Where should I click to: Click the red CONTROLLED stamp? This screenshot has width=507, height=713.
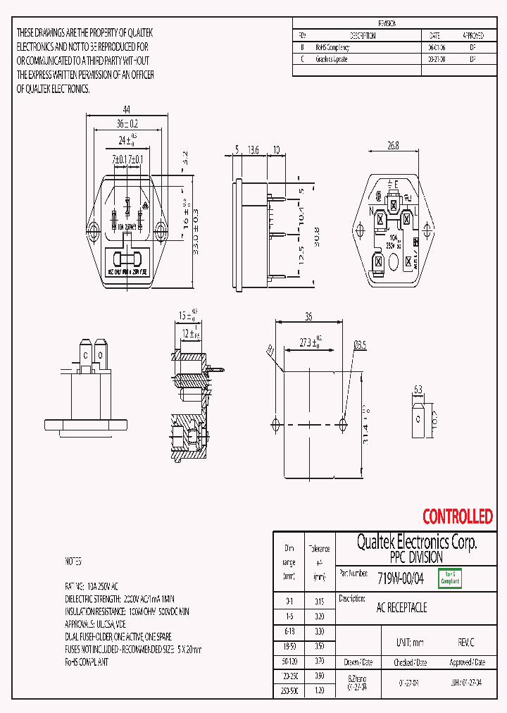point(457,517)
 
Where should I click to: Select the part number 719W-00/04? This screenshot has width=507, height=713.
point(401,578)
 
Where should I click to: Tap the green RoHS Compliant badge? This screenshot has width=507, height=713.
point(449,578)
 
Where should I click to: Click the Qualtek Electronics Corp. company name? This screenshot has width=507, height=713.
point(416,542)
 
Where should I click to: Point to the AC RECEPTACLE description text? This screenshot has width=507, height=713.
point(402,607)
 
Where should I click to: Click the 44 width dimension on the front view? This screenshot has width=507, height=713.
point(127,109)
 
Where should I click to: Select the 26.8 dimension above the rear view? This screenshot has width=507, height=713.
point(393,146)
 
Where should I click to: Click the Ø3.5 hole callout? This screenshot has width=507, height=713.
point(359,345)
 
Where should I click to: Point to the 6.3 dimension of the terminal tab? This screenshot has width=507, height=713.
point(418,389)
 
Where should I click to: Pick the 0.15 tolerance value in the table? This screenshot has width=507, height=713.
point(320,602)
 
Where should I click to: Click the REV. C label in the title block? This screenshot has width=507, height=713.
point(466,643)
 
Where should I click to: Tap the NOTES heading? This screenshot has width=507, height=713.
point(73,562)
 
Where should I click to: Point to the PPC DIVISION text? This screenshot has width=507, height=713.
point(416,557)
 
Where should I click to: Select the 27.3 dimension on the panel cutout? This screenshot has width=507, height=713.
point(308,343)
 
